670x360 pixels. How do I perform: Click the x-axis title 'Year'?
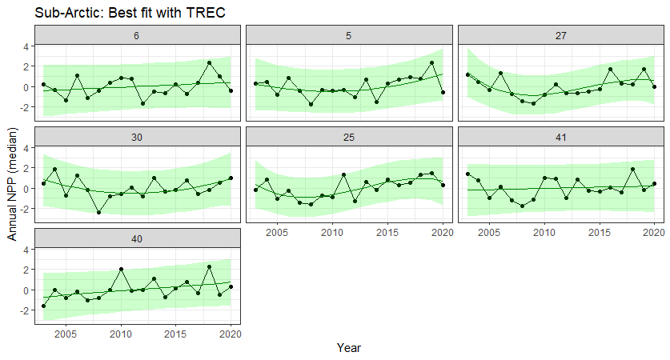pos(349,348)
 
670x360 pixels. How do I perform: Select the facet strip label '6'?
pos(137,36)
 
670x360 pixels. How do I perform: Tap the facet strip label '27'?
pos(560,36)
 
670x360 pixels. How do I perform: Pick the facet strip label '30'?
pos(137,137)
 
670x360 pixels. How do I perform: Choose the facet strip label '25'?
pos(349,137)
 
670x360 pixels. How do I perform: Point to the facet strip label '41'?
pos(560,137)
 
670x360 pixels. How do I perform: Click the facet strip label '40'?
pos(137,238)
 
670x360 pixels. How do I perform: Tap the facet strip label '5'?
pos(349,36)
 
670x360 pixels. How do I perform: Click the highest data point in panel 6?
pos(209,62)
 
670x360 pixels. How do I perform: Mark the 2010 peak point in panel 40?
pos(121,270)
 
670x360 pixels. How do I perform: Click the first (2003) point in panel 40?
pos(43,306)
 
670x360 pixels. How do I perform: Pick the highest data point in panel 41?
pos(632,170)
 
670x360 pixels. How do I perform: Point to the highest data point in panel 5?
pos(431,62)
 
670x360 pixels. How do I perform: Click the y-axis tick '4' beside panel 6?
pos(26,46)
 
